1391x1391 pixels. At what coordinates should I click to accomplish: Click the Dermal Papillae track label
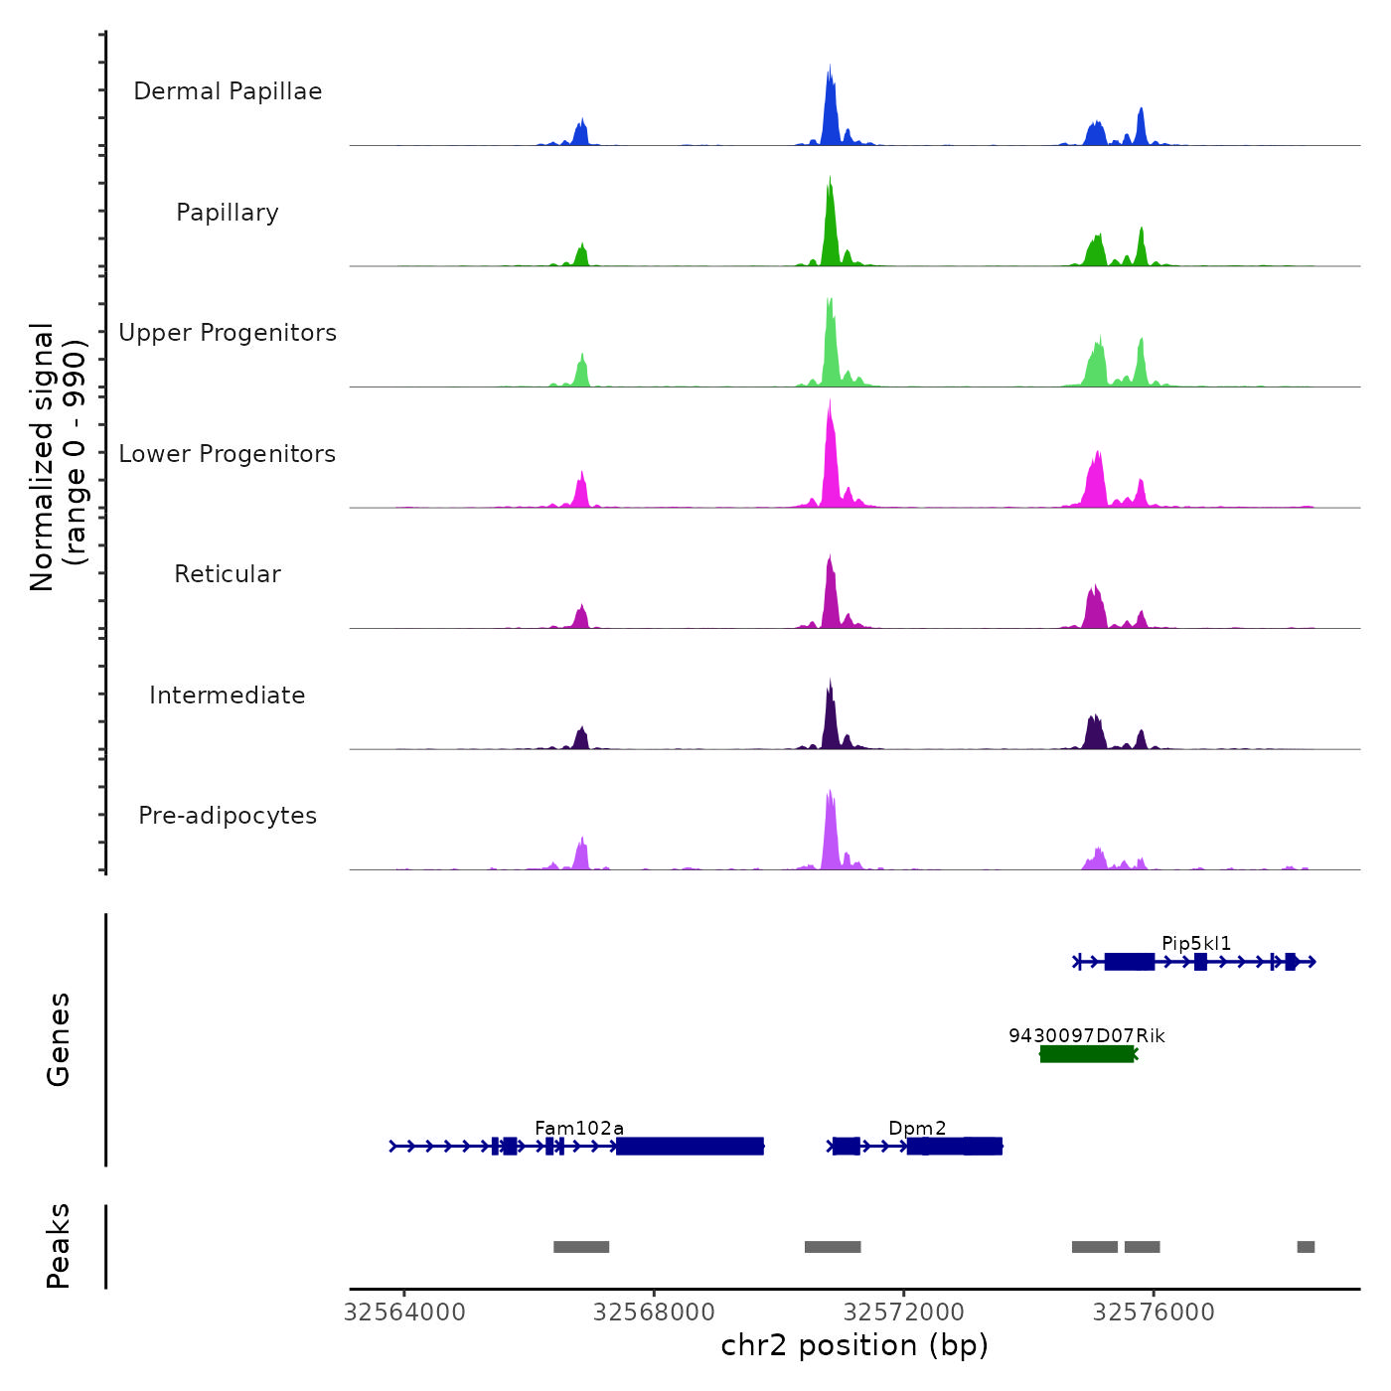pos(228,91)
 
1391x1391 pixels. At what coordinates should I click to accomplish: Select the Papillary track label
pos(228,213)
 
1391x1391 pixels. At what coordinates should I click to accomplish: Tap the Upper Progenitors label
pos(228,333)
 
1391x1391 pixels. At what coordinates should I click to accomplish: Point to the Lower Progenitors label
pos(228,454)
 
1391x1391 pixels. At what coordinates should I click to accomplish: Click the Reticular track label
pos(228,574)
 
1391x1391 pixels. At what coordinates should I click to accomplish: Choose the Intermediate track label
pos(228,695)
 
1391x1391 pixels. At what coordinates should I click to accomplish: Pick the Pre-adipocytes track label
pos(228,816)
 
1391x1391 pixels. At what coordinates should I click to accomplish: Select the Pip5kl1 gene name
pos(1196,943)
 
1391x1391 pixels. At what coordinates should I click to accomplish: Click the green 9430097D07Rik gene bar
pos(1087,1054)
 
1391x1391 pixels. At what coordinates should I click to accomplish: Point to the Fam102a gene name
pos(579,1128)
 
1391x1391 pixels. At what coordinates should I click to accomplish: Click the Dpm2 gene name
pos(917,1128)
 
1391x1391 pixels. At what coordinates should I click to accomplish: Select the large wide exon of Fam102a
pos(690,1147)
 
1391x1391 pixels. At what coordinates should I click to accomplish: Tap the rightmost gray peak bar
pos(1306,1247)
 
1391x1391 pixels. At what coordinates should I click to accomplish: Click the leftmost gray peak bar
pos(581,1247)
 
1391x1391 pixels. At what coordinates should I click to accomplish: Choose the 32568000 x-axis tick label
pos(654,1313)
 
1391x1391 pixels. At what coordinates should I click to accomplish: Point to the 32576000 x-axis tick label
pos(1154,1313)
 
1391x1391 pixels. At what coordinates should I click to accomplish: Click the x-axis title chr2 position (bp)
pos(854,1345)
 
